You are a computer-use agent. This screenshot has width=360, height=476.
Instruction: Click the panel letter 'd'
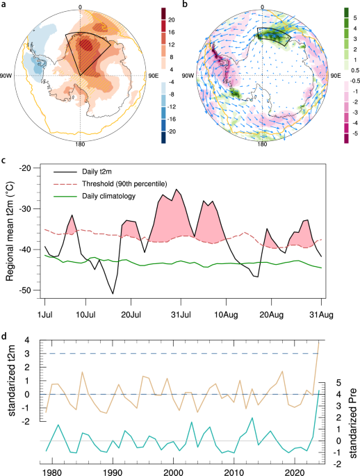pyautogui.click(x=3, y=336)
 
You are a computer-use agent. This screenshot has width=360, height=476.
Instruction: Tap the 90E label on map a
pyautogui.click(x=153, y=76)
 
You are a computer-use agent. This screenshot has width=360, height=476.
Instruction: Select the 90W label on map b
pyautogui.click(x=188, y=76)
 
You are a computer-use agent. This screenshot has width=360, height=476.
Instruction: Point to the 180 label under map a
pyautogui.click(x=80, y=145)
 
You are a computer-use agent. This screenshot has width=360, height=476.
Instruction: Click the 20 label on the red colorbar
pyautogui.click(x=172, y=20)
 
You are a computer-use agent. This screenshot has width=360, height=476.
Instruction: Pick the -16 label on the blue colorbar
pyautogui.click(x=172, y=119)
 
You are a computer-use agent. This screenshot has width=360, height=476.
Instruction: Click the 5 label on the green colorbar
pyautogui.click(x=355, y=18)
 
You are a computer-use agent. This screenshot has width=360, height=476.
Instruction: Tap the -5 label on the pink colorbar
pyautogui.click(x=355, y=133)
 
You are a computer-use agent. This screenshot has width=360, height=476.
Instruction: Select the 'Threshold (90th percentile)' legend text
pyautogui.click(x=124, y=183)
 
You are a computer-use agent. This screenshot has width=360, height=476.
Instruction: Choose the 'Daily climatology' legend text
pyautogui.click(x=108, y=196)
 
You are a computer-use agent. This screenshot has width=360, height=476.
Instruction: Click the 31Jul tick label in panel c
pyautogui.click(x=181, y=315)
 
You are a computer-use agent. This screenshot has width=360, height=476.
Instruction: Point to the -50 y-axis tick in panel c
pyautogui.click(x=25, y=290)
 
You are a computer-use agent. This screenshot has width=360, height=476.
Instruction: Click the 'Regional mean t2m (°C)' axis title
pyautogui.click(x=10, y=229)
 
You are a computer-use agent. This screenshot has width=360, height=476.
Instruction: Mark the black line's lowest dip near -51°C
pyautogui.click(x=113, y=293)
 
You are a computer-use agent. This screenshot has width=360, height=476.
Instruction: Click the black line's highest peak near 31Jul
pyautogui.click(x=177, y=189)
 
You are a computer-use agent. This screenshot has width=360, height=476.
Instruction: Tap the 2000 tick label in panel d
pyautogui.click(x=173, y=472)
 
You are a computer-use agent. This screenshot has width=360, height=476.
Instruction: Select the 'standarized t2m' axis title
pyautogui.click(x=11, y=381)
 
